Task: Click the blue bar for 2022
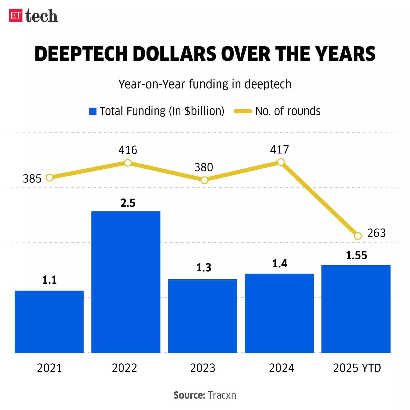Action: tap(126, 282)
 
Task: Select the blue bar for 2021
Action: tap(49, 322)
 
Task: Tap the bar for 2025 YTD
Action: tap(356, 309)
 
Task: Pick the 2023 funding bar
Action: tap(202, 316)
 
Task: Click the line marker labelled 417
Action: tap(281, 162)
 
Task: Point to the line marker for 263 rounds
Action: tap(358, 236)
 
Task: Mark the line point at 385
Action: tap(49, 178)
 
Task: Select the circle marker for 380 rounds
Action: tap(204, 180)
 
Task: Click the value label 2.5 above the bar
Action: tap(128, 203)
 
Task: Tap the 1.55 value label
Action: tap(356, 255)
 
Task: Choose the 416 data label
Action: tap(128, 150)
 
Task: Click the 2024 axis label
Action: tap(281, 368)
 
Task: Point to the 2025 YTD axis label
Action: tap(357, 368)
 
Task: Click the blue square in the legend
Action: tap(93, 111)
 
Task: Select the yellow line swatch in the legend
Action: tap(243, 111)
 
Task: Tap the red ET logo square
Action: tap(16, 15)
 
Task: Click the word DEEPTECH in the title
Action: tap(81, 54)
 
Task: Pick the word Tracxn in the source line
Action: tap(222, 395)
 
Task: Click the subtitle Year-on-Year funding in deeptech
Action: tap(205, 84)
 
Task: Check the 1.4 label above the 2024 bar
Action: tap(280, 264)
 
